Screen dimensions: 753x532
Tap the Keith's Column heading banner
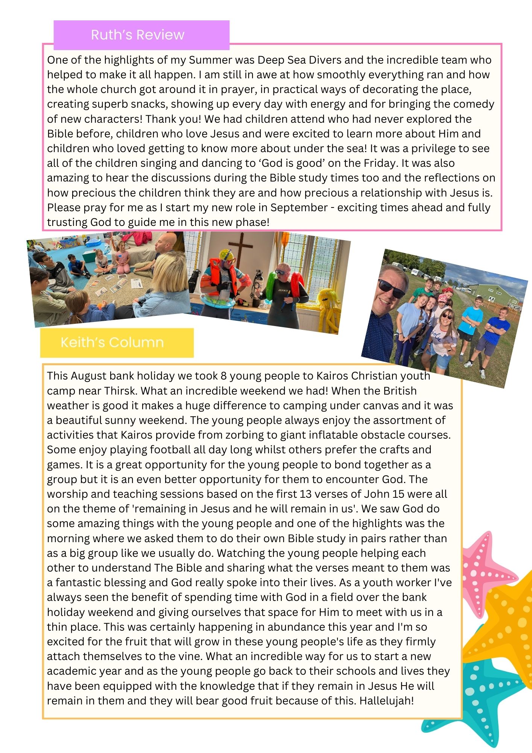coord(117,342)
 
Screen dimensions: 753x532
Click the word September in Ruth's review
coord(299,207)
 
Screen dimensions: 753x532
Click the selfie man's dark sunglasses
coord(391,288)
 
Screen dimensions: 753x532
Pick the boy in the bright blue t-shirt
coord(497,331)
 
